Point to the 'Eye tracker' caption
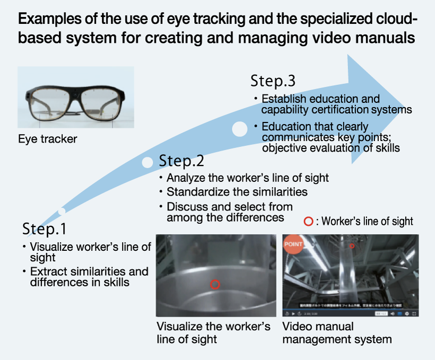click(47, 139)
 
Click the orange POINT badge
click(293, 245)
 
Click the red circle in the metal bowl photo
click(214, 284)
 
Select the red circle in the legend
click(309, 222)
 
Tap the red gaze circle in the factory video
click(352, 246)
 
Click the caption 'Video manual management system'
click(337, 332)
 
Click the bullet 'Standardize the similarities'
click(237, 191)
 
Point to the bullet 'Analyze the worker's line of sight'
click(247, 178)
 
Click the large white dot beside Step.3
click(240, 129)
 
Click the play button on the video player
click(293, 314)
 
